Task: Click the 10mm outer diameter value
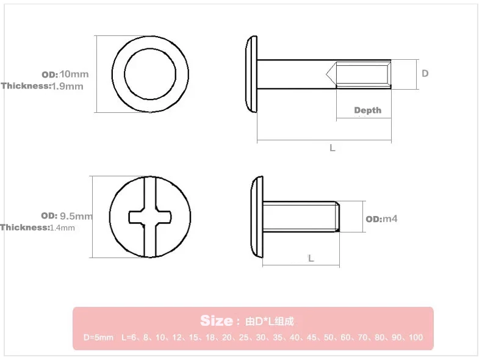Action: [x=74, y=74]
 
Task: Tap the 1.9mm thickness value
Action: [x=67, y=86]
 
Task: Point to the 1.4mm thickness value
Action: [x=62, y=228]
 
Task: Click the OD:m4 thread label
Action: [x=381, y=219]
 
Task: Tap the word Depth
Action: [x=368, y=110]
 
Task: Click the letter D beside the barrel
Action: [x=425, y=73]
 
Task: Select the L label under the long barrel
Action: [x=333, y=148]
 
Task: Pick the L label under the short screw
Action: [x=311, y=258]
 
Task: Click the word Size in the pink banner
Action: [x=217, y=321]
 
